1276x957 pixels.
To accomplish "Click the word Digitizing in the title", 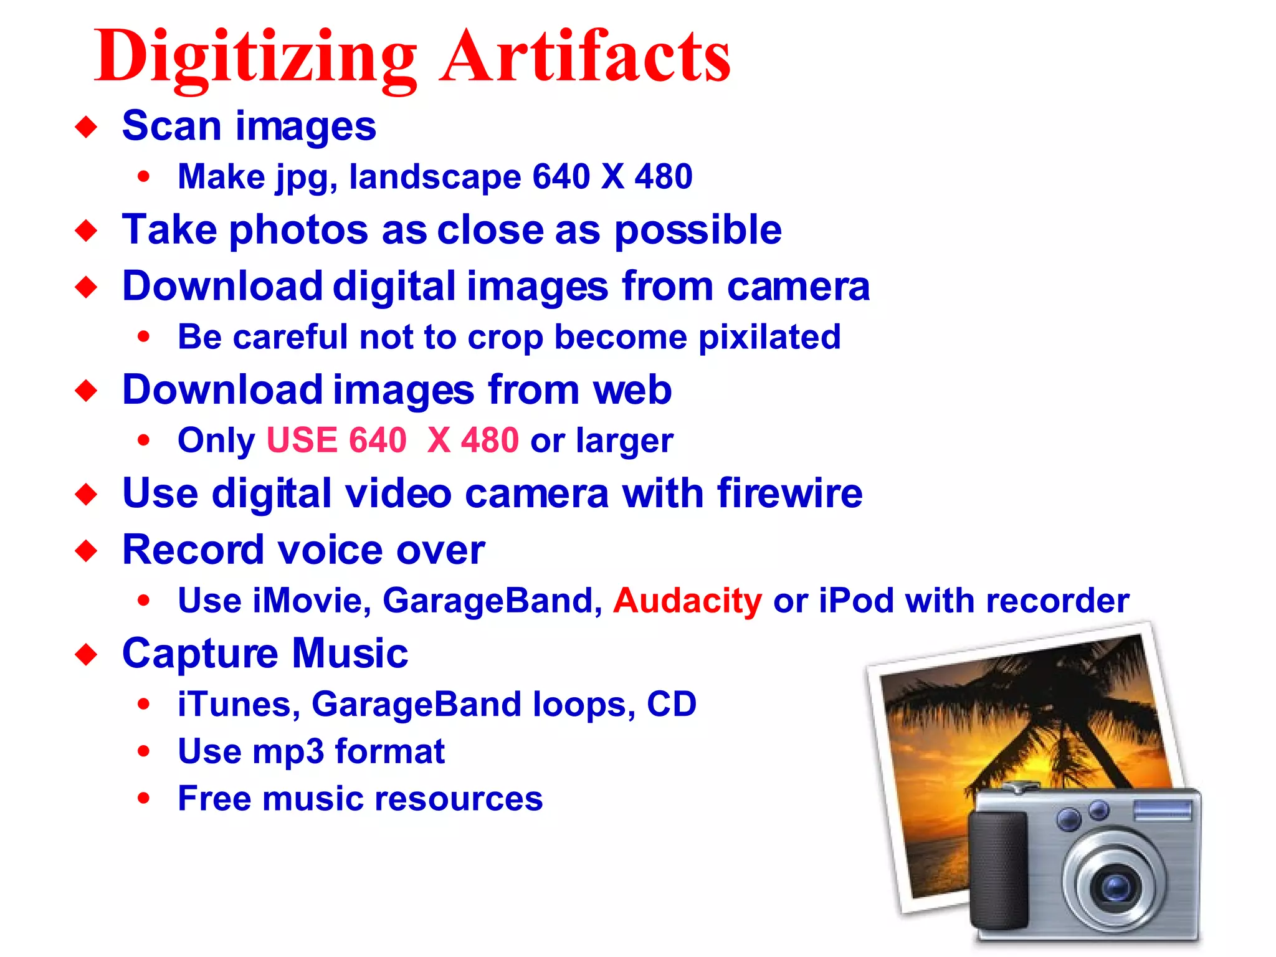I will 255,57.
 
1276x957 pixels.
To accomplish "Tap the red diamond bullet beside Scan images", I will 86,127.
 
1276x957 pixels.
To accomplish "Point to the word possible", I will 698,231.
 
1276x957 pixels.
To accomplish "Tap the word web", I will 632,391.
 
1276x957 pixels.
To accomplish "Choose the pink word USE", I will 302,440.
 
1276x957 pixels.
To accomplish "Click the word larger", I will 624,441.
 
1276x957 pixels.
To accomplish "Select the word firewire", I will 790,494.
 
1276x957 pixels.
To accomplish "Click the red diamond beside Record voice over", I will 86,551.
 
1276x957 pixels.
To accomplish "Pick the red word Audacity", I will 687,601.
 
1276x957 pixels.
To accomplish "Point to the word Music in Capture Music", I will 350,654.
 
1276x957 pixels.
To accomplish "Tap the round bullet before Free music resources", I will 144,798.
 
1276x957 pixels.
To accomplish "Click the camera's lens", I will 1113,885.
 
